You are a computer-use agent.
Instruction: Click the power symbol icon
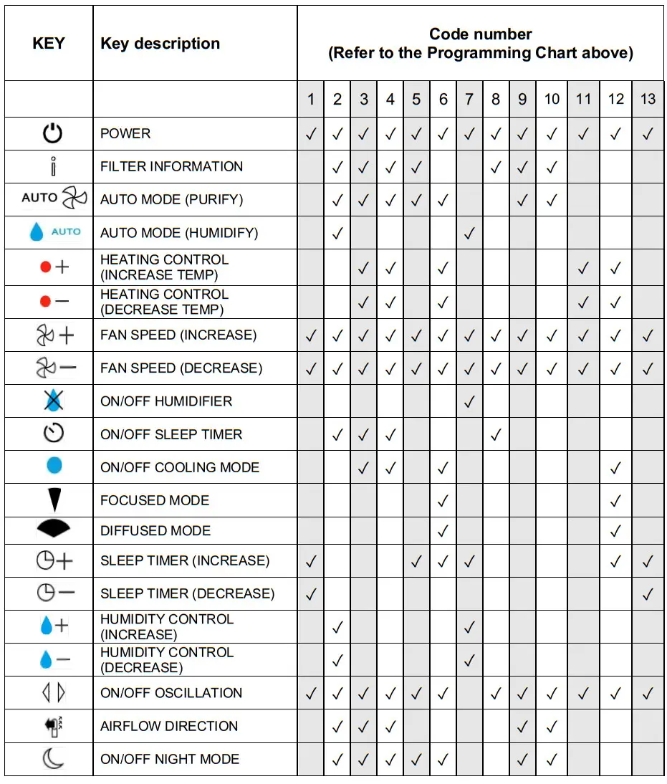point(52,133)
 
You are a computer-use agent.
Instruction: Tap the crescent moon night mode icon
point(52,759)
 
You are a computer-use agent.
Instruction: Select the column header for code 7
point(469,99)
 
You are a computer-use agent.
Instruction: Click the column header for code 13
point(648,99)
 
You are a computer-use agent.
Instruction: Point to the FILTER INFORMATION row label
point(171,166)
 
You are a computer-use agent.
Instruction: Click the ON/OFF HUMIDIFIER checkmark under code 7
point(469,401)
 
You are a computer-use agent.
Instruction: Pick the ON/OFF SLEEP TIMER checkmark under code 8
point(496,434)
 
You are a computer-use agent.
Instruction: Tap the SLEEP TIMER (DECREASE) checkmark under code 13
point(648,593)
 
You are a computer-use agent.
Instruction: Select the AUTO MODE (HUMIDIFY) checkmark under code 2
point(337,233)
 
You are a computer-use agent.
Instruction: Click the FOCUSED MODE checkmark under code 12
point(615,500)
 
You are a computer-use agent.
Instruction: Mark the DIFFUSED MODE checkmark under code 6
point(443,531)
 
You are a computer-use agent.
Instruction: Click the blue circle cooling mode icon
point(54,467)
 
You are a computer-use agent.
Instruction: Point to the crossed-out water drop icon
point(53,401)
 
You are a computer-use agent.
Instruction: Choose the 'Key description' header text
point(160,44)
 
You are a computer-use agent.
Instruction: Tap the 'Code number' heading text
point(480,34)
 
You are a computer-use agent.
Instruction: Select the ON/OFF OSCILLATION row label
point(171,693)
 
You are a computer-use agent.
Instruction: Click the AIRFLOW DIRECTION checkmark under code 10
point(552,727)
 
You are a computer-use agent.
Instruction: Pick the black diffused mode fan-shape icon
point(54,530)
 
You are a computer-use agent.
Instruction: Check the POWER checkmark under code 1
point(311,133)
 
